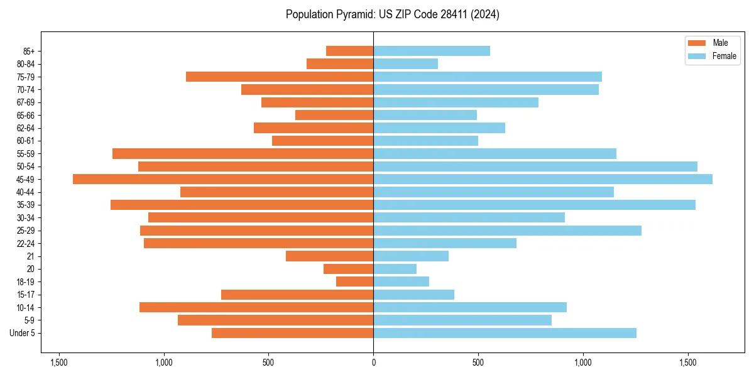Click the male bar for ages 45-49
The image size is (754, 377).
(x=223, y=179)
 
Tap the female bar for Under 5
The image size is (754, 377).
(x=505, y=333)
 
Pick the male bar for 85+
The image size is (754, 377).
(x=349, y=51)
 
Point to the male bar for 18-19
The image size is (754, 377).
(x=354, y=281)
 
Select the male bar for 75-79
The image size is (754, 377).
(x=280, y=77)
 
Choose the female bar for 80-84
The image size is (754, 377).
(x=405, y=63)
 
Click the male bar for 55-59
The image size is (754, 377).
(x=243, y=153)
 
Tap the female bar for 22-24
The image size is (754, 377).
(x=445, y=243)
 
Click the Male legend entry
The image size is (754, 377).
(x=710, y=43)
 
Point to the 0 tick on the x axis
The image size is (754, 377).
(x=373, y=363)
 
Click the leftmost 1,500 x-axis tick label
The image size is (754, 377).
(x=58, y=363)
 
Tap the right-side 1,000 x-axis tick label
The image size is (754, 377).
(x=583, y=363)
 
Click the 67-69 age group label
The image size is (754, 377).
(x=26, y=102)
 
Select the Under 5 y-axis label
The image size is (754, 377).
(x=23, y=333)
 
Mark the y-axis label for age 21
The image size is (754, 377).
(x=31, y=256)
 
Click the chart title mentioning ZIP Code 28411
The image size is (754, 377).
(x=392, y=14)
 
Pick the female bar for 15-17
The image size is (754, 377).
(x=413, y=295)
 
